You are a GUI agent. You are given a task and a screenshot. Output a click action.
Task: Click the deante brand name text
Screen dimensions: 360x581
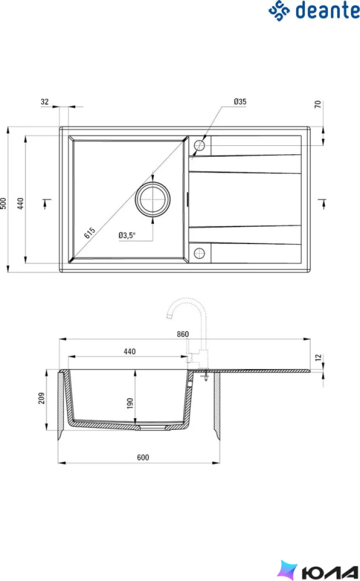pyautogui.click(x=327, y=10)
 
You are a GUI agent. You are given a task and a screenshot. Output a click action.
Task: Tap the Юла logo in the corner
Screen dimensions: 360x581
pyautogui.click(x=318, y=570)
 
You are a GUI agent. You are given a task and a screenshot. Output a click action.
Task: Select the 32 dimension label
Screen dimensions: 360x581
pyautogui.click(x=44, y=101)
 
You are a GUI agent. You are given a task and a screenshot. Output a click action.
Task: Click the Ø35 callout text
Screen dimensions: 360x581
pyautogui.click(x=240, y=101)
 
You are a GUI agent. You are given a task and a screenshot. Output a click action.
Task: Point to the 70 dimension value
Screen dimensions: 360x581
pyautogui.click(x=318, y=105)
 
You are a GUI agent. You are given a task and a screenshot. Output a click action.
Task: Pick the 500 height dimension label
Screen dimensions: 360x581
pyautogui.click(x=3, y=203)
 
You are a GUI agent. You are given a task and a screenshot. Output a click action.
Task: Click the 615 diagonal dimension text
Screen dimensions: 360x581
pyautogui.click(x=89, y=233)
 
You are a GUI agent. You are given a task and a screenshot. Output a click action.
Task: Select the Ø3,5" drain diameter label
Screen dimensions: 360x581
pyautogui.click(x=127, y=235)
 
